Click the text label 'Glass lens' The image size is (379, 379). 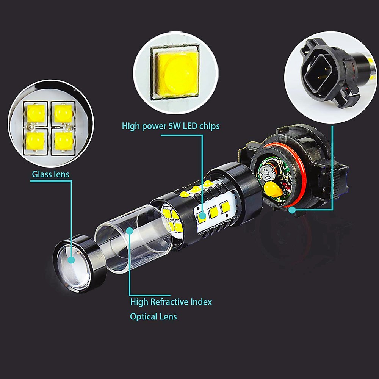click(x=50, y=174)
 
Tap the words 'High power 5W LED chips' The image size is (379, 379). click(x=171, y=126)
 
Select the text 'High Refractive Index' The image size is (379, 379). click(x=171, y=302)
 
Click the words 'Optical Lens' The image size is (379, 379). click(x=153, y=316)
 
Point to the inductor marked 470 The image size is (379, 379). click(x=266, y=173)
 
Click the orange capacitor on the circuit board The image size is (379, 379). click(x=273, y=189)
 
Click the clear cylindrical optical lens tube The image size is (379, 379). click(x=133, y=239)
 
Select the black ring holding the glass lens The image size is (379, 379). click(x=80, y=263)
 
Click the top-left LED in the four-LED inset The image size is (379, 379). click(x=36, y=113)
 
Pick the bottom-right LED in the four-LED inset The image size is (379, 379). click(x=64, y=141)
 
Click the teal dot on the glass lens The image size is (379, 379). click(x=71, y=260)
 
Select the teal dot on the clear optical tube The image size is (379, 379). click(x=130, y=231)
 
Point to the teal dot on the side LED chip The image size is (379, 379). click(x=203, y=215)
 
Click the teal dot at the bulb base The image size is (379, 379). click(x=292, y=210)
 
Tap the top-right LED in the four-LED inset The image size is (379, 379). click(x=63, y=113)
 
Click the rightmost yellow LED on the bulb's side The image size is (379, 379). click(x=225, y=207)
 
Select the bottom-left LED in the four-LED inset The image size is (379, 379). click(x=35, y=141)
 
